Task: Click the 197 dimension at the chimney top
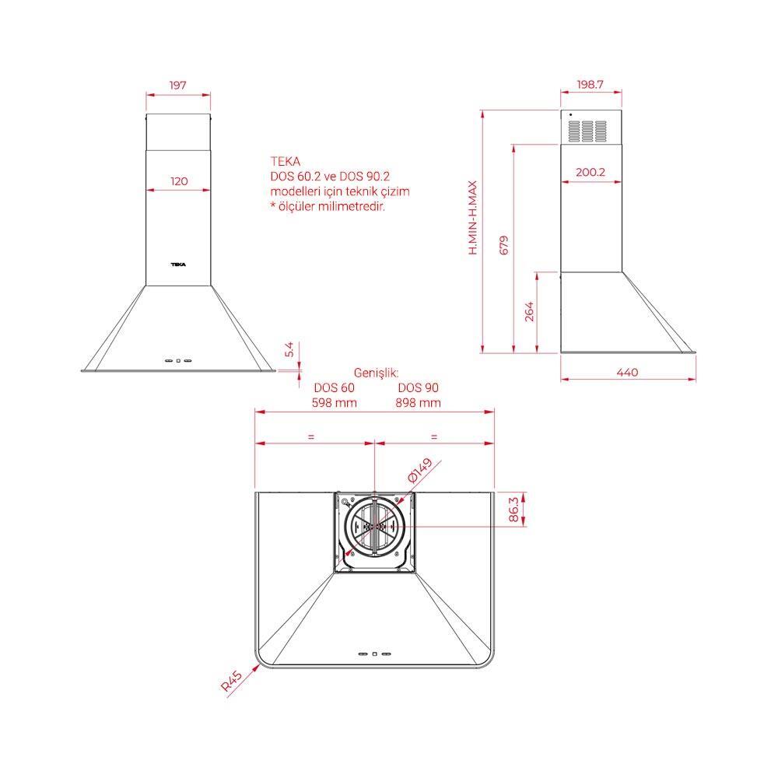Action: click(177, 86)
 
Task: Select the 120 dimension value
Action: click(179, 181)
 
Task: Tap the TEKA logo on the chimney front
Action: click(178, 265)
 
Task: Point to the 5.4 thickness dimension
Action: click(289, 349)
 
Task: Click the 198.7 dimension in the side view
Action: click(590, 84)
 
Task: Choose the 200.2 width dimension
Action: click(590, 172)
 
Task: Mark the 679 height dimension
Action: click(503, 245)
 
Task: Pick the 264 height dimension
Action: click(529, 312)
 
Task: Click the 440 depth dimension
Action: click(627, 372)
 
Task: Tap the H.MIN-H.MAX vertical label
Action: click(473, 218)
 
